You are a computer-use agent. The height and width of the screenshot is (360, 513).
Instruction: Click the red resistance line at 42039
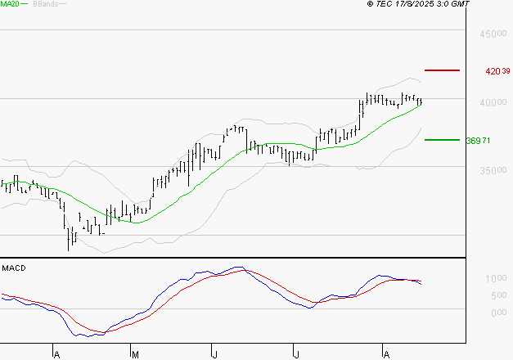[443, 71]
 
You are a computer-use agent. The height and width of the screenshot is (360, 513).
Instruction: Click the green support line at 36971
[443, 140]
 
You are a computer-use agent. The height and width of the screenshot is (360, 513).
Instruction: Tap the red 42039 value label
[497, 71]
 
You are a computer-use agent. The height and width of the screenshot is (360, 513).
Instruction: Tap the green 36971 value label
[478, 141]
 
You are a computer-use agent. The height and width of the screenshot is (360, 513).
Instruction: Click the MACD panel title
[14, 268]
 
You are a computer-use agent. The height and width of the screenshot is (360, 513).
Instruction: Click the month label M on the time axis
[134, 355]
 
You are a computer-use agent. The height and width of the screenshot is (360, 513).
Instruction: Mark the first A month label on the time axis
[56, 355]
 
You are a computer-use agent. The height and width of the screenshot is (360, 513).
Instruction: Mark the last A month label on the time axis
[385, 355]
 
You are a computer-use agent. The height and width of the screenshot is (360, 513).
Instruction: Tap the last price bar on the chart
[421, 101]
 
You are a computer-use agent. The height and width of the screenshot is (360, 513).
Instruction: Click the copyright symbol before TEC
[370, 4]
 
